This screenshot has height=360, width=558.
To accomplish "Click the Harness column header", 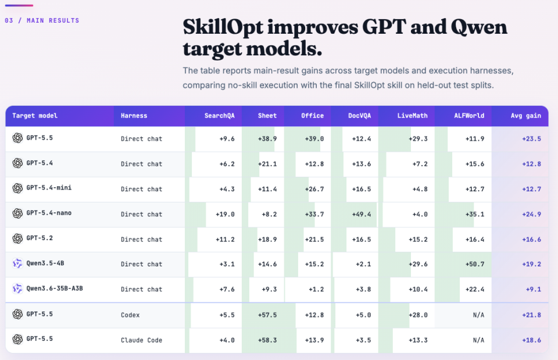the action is pos(134,116).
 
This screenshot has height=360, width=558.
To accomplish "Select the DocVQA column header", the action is pos(359,116).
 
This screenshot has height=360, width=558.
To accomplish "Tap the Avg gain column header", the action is pos(525,116).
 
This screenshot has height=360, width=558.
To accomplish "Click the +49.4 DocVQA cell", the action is pos(361,215).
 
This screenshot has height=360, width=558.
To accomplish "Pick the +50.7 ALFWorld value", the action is pos(475,264).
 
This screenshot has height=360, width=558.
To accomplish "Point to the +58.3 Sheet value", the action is pos(267,340).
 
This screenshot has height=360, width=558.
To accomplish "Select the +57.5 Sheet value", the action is pos(267,315).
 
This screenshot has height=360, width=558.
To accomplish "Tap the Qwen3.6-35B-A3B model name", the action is pos(55,288).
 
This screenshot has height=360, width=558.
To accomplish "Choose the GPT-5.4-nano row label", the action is pos(49,213).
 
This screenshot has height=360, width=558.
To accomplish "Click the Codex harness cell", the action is pos(130,315).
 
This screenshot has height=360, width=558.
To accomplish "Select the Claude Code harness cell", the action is pos(141,340).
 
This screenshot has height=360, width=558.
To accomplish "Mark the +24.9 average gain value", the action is pos(531,215).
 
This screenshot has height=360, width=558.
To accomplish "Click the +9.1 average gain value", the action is pos(534,290).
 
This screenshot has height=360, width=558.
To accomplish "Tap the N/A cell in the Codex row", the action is pos(478,315).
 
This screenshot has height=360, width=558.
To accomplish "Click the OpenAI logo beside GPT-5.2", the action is pos(17,238).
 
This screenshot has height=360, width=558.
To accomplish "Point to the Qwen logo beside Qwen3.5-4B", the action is pos(17,263).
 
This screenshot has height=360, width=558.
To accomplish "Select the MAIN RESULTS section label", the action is pos(53,21).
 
